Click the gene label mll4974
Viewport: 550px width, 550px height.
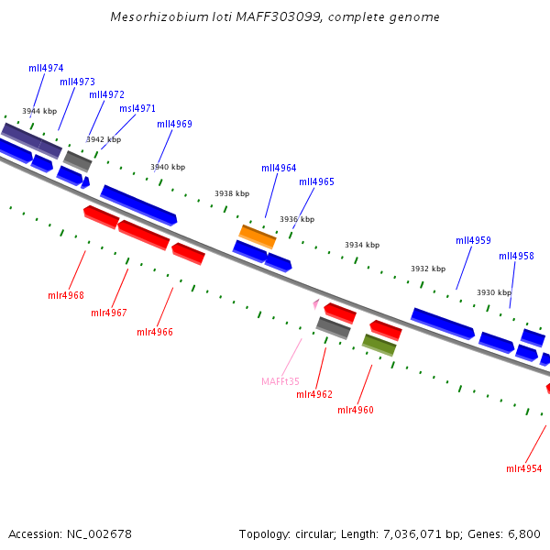pos(46,68)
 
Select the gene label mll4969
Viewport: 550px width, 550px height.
pos(174,124)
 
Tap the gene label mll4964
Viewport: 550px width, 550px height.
pos(279,168)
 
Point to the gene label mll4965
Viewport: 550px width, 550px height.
pos(316,181)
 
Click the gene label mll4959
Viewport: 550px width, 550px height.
pos(473,240)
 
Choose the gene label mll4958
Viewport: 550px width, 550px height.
pos(516,256)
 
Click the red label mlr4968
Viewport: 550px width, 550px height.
pos(66,295)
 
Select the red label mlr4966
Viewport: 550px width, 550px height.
pos(155,332)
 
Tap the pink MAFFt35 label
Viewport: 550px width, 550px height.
pos(280,381)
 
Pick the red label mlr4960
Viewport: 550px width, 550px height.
pos(356,410)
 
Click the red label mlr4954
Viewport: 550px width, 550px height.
pos(524,468)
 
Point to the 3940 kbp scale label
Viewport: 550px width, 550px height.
pos(168,167)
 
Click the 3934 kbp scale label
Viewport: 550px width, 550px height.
pos(362,245)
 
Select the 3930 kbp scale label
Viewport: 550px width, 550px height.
pos(494,292)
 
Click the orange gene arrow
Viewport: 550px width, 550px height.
pos(258,236)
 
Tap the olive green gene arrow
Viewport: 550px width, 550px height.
pos(379,345)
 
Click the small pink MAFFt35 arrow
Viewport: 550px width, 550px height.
pos(315,302)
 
